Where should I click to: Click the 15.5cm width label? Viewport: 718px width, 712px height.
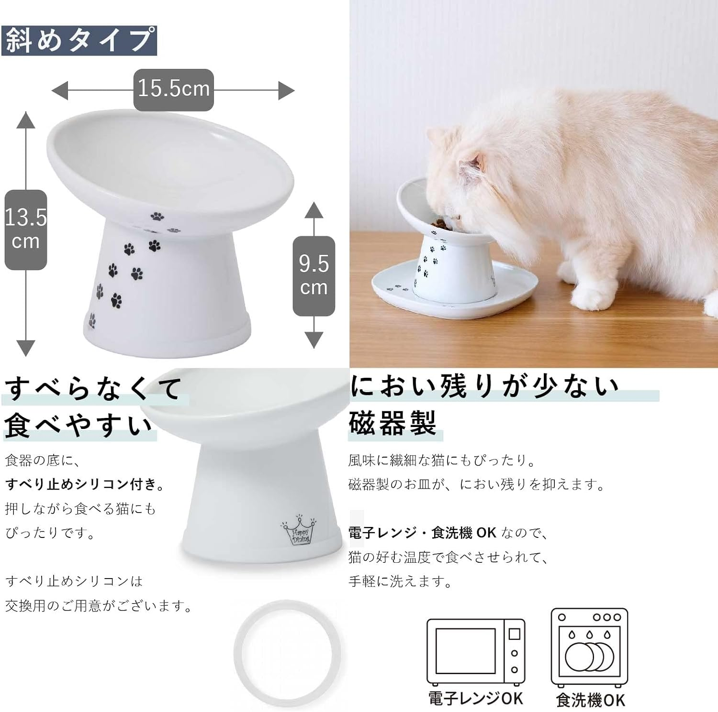173,89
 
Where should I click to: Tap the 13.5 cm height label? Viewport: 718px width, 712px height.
26,230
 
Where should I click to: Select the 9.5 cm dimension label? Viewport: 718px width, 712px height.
314,275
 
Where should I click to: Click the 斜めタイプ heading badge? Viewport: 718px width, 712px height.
79,40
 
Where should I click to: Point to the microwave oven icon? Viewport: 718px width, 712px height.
475,652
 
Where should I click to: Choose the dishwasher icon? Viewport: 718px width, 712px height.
589,647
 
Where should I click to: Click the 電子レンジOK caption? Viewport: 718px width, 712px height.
475,698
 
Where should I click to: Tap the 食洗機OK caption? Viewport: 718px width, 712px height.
590,700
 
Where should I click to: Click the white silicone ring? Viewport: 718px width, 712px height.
287,653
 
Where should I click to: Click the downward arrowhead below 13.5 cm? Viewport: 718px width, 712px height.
26,348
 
